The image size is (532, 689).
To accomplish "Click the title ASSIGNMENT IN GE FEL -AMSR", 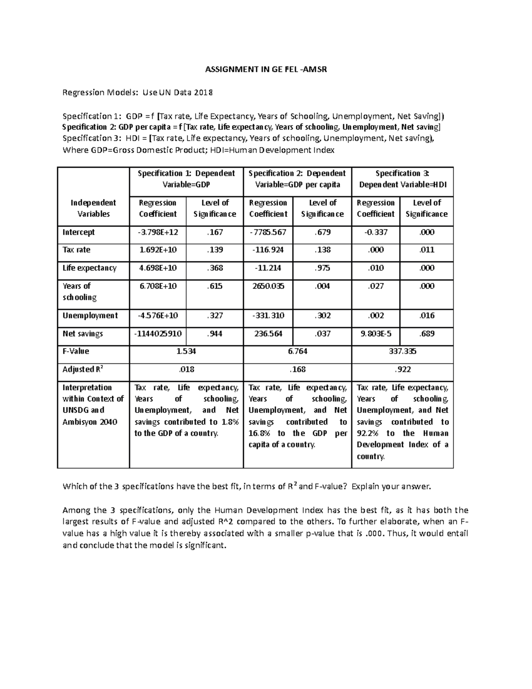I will coord(266,69).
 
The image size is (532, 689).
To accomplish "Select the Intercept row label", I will coord(78,232).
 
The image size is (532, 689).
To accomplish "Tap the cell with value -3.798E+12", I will coord(158,232).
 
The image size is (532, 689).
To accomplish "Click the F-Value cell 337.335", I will coord(402,351).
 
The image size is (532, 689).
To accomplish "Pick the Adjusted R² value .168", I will coord(297,369).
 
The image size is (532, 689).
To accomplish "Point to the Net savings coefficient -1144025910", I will coord(158,333).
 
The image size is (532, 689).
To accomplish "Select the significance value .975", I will coord(322,268).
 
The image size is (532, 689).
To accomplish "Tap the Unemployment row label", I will coord(90,315).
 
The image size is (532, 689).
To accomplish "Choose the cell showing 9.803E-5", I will coord(376,333).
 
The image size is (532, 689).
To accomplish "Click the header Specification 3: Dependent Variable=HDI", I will coord(402,179).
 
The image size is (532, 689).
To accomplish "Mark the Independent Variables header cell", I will coord(93,208).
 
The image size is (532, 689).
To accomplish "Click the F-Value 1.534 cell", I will coord(186,351).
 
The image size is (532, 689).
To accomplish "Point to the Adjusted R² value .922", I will coord(402,369).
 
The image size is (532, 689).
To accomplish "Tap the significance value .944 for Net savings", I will coord(215,333).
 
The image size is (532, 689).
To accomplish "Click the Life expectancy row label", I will coord(90,268).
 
